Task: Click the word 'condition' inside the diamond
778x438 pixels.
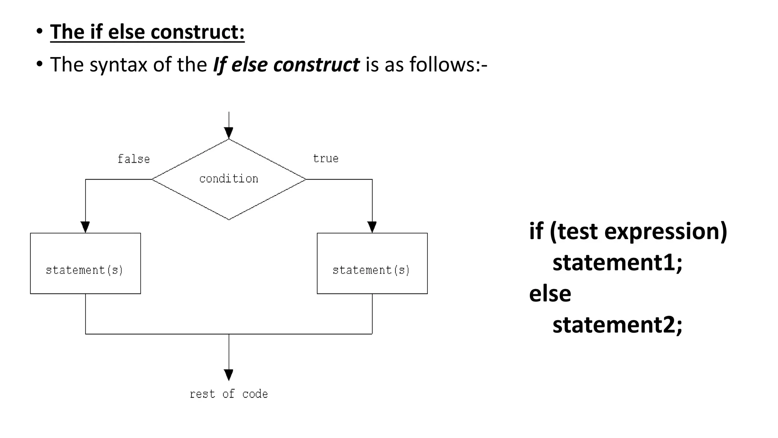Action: pos(229,179)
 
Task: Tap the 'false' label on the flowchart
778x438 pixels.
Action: pos(134,159)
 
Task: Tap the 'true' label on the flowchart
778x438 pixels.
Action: pos(326,159)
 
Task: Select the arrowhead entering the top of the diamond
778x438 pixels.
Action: pos(229,133)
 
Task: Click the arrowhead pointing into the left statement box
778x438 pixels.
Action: pos(85,227)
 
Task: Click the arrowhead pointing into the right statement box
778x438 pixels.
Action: pos(372,227)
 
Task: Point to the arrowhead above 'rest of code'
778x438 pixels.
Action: pos(229,375)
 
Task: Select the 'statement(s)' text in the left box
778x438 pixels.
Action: pos(85,270)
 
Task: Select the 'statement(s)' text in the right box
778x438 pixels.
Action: pos(372,270)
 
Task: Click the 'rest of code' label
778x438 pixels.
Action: pos(229,394)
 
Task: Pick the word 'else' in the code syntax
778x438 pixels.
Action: pos(550,294)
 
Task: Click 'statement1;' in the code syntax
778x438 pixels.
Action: pos(617,262)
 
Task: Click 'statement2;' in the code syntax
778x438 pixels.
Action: pos(617,325)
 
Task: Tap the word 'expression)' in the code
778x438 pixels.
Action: pos(666,231)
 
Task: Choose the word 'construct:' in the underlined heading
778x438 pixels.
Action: pos(198,32)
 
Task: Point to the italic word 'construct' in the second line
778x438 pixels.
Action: pos(316,65)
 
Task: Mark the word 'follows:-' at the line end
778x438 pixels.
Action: pos(448,65)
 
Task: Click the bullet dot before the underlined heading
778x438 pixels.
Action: pos(40,32)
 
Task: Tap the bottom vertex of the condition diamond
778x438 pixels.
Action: pos(229,219)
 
